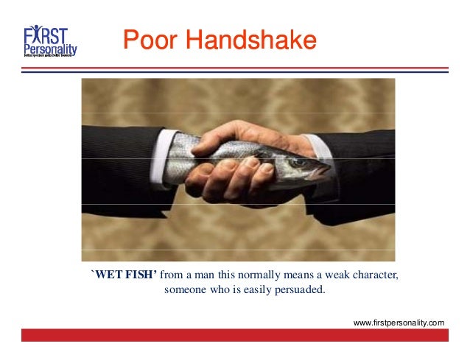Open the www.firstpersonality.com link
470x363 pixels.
[399, 323]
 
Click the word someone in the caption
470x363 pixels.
[186, 289]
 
